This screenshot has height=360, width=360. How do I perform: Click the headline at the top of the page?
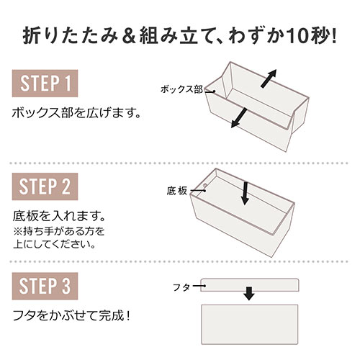point(180,34)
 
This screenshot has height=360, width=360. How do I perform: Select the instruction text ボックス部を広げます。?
point(76,114)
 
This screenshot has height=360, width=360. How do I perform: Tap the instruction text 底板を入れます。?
point(61,216)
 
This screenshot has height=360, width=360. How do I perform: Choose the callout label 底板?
point(176,191)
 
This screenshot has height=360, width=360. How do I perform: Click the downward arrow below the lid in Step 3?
point(248,294)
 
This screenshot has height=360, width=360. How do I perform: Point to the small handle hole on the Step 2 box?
point(204,185)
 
